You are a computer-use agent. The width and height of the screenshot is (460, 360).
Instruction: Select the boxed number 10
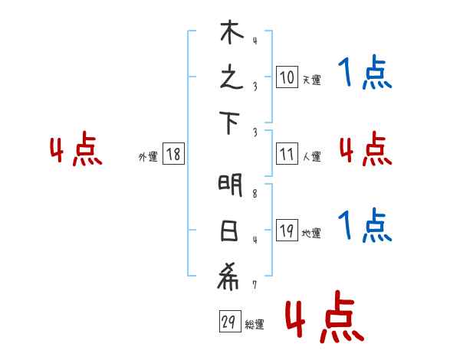[287, 77]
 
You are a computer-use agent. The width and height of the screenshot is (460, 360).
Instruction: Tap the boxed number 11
[287, 154]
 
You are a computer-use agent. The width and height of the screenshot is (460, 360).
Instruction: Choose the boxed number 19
[287, 231]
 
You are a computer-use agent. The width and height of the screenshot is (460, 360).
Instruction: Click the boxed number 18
[173, 154]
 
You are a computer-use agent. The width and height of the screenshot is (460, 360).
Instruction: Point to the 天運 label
[310, 80]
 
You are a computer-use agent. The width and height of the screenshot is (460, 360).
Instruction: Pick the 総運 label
[255, 325]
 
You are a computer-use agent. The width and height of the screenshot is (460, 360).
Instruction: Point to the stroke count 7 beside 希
[255, 285]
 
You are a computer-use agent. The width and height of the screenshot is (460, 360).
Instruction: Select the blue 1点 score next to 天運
[365, 74]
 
